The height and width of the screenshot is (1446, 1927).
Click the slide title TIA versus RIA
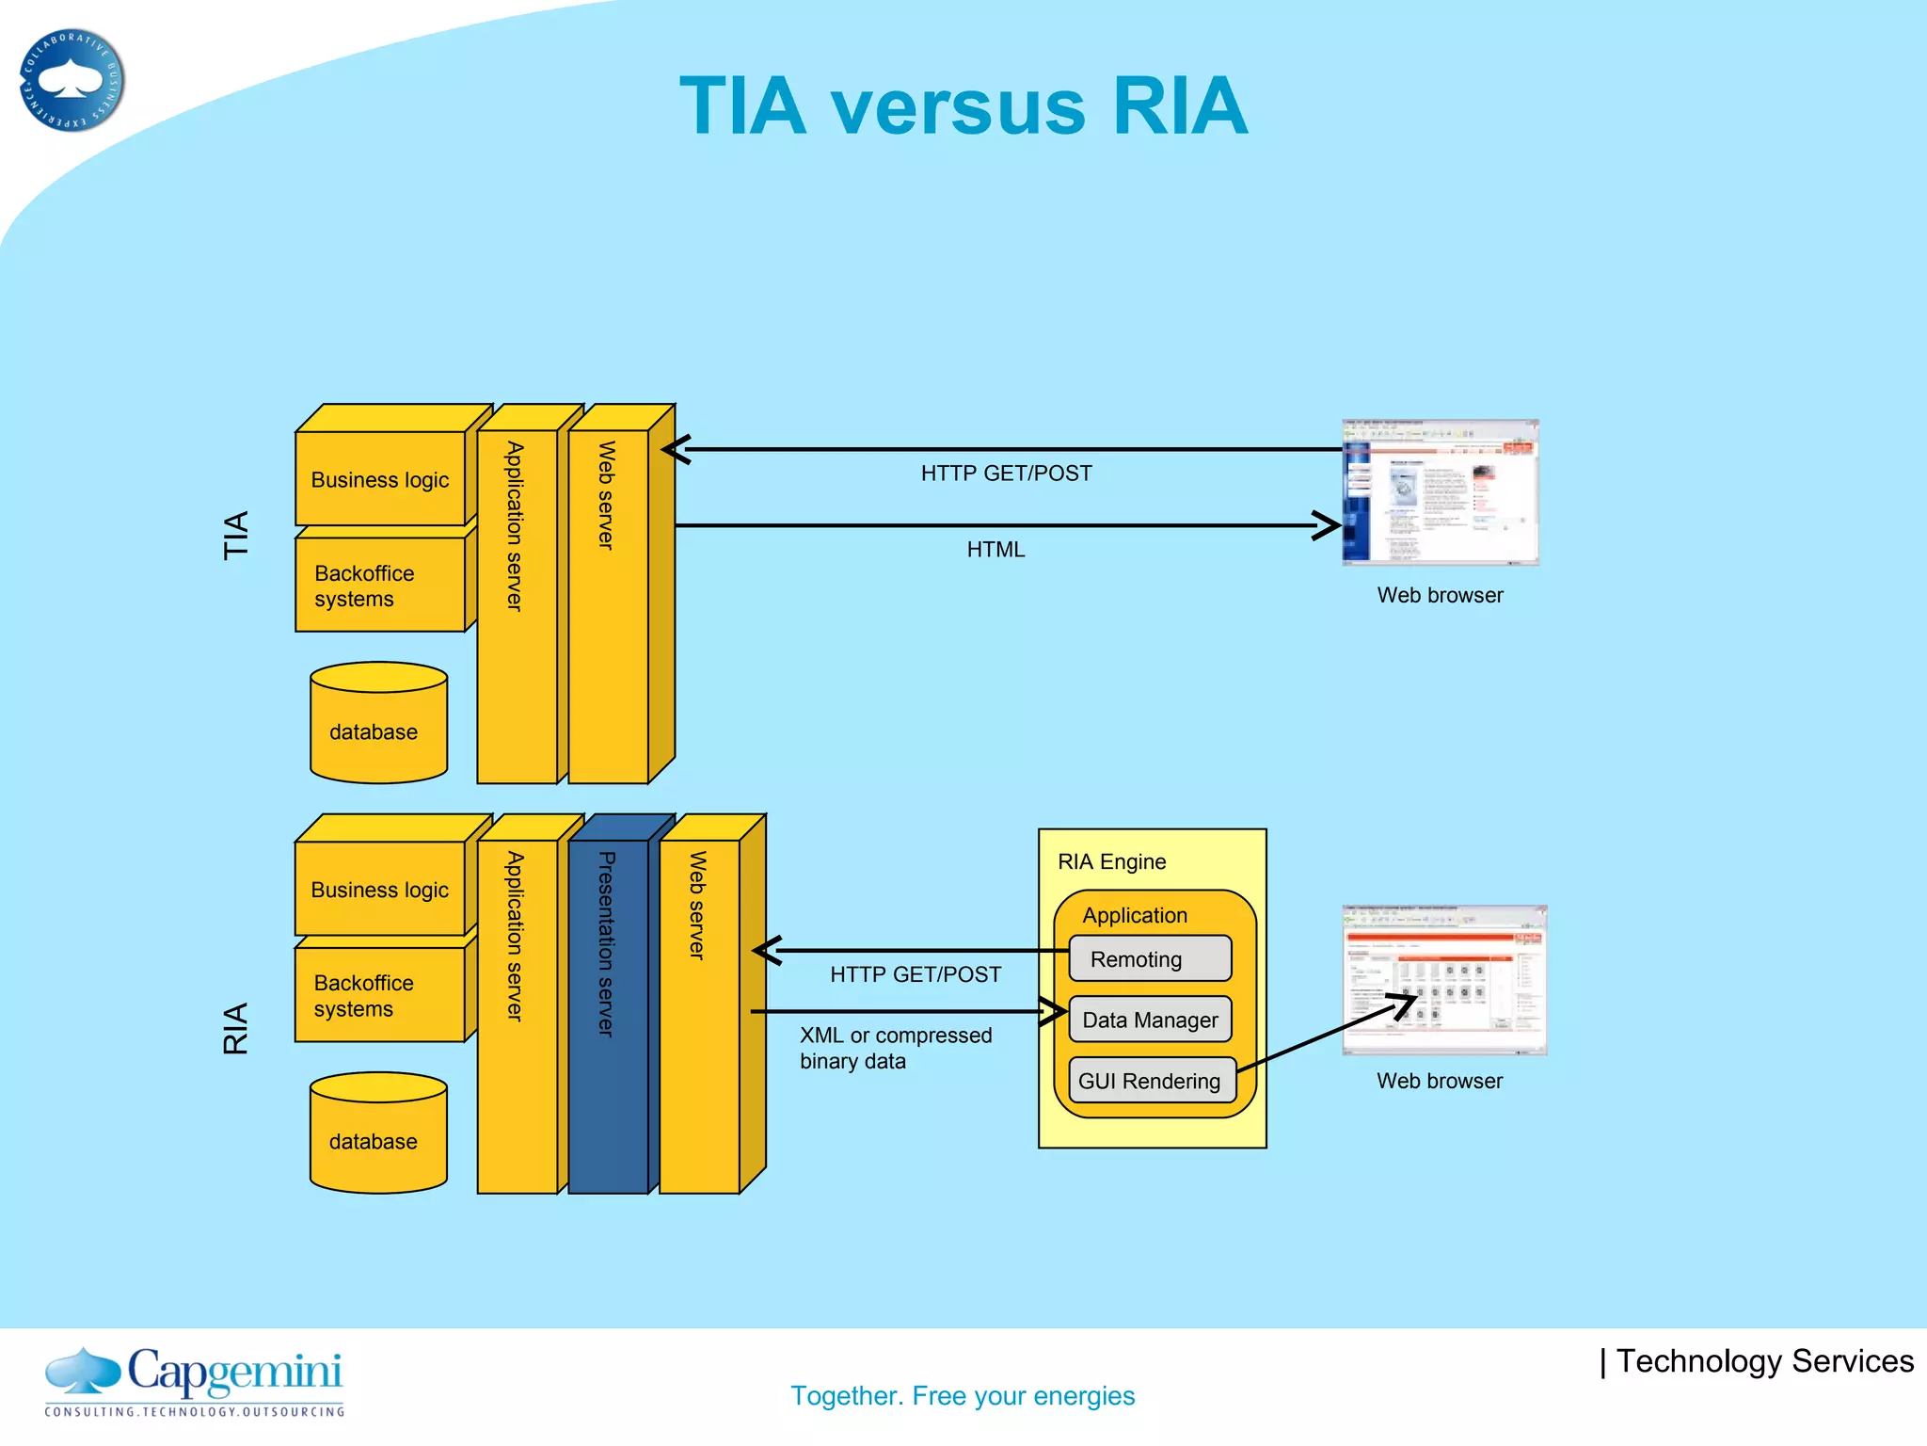[963, 105]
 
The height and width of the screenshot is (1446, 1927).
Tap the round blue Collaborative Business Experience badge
[72, 81]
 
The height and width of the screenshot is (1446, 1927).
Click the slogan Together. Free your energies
[963, 1395]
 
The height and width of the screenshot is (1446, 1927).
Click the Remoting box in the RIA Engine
[1150, 958]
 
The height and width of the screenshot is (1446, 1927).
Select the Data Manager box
[1150, 1020]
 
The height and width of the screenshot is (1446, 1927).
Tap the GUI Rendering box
[1150, 1081]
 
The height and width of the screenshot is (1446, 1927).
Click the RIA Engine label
[1111, 861]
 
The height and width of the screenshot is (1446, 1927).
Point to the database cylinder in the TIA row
[378, 725]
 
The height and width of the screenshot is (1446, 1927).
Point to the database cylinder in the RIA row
[378, 1135]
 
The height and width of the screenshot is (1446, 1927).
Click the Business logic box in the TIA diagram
[380, 479]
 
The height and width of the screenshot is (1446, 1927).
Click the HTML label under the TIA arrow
[995, 549]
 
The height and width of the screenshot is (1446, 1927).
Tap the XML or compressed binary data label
[895, 1048]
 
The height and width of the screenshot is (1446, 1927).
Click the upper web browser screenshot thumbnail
[1440, 492]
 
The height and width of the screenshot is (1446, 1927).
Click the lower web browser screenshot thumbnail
[1443, 980]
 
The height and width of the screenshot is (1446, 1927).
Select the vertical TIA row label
[235, 535]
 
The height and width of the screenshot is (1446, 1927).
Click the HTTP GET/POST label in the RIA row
[915, 974]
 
